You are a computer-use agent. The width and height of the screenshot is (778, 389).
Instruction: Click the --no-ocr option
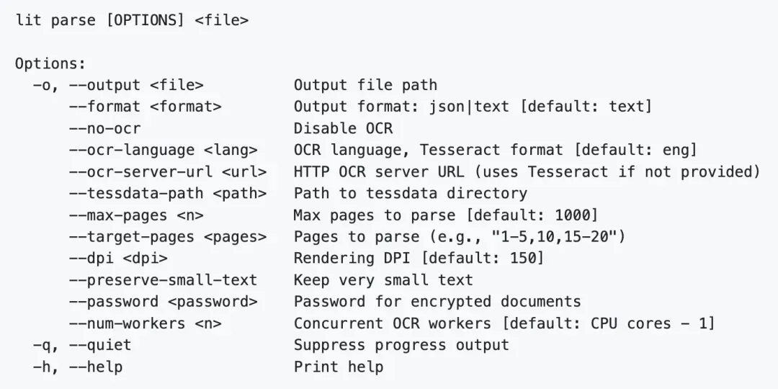coord(104,128)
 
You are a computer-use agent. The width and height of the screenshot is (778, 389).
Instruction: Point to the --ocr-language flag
coord(132,151)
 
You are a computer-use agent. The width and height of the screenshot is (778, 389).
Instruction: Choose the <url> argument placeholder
coord(244,171)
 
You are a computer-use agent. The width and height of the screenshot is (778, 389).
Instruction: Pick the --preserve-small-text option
coord(163,280)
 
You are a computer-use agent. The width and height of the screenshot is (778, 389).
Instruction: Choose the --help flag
coord(96,367)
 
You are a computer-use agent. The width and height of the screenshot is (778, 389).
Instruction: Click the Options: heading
coord(50,64)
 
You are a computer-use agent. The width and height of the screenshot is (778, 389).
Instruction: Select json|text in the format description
coord(470,107)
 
